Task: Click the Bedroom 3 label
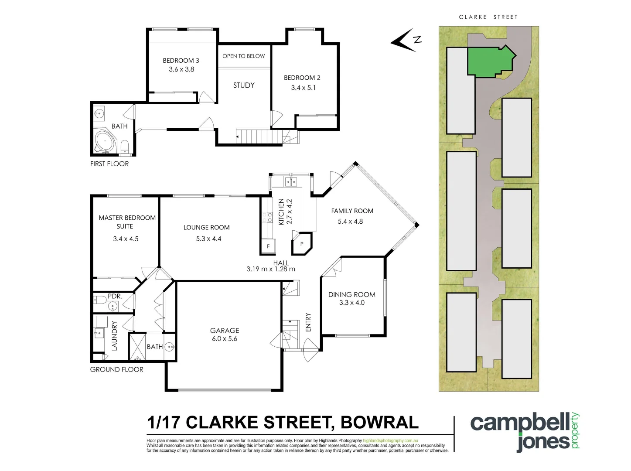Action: (x=181, y=61)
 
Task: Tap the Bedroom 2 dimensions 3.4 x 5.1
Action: (x=303, y=88)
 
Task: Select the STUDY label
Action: (x=244, y=85)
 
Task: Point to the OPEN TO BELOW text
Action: (x=243, y=56)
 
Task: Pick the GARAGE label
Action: (x=225, y=331)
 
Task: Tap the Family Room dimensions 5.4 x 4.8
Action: (x=350, y=221)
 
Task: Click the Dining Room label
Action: (x=351, y=295)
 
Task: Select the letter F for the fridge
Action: (x=268, y=246)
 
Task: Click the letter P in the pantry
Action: (x=301, y=244)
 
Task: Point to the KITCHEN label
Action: (x=281, y=212)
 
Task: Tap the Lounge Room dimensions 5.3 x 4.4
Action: (x=208, y=239)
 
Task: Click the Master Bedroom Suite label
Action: (x=127, y=222)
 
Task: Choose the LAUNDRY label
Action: (x=115, y=336)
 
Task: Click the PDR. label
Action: (x=115, y=296)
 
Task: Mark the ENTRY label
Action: (x=308, y=322)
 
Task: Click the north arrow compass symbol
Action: (x=405, y=41)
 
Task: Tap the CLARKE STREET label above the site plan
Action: (x=488, y=17)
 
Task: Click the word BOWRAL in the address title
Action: (x=379, y=422)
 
